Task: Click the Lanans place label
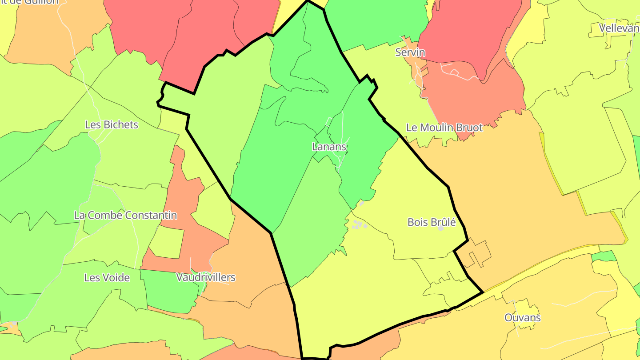(x=329, y=147)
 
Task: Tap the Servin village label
(x=410, y=52)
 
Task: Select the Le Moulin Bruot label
(x=444, y=128)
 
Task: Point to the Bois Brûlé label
(x=431, y=222)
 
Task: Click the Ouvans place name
(x=522, y=318)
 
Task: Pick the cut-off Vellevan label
(x=619, y=28)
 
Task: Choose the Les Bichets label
(x=111, y=125)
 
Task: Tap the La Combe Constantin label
(x=125, y=216)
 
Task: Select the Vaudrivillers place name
(x=205, y=278)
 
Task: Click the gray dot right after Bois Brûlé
(x=440, y=228)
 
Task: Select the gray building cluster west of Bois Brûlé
(x=359, y=225)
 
